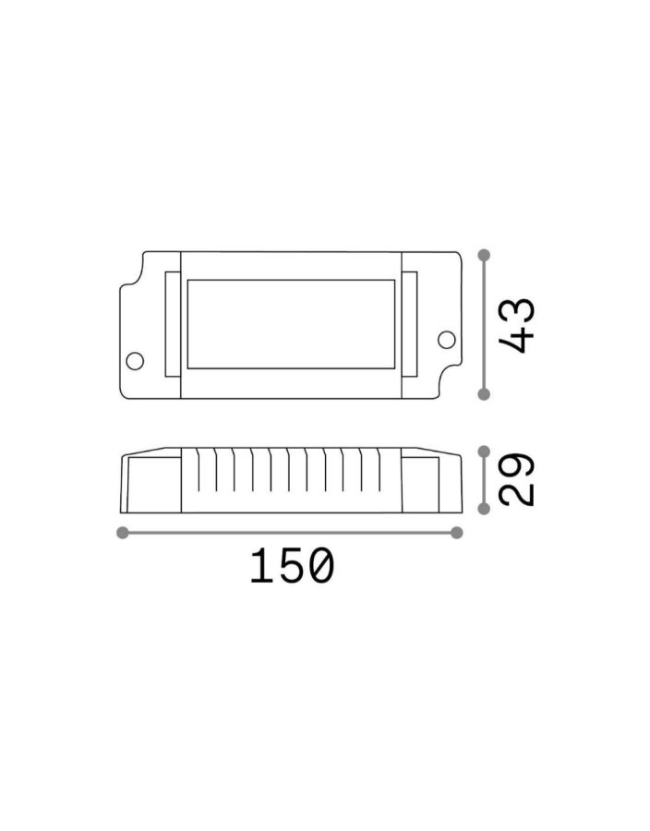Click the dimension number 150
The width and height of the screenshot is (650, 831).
290,566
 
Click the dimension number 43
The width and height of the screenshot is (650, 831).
517,325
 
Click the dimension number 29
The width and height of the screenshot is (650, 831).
517,479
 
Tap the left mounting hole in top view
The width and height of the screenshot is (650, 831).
135,360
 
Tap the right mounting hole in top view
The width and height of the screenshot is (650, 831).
446,339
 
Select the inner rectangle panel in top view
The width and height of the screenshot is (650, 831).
291,324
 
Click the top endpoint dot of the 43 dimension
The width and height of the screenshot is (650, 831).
484,254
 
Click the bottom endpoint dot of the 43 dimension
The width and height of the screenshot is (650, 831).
484,394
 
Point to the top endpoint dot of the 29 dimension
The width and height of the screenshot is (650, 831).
484,451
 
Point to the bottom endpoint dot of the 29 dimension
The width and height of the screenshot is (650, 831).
484,509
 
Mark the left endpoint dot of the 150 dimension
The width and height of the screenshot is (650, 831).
123,532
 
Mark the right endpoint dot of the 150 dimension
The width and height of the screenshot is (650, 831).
456,532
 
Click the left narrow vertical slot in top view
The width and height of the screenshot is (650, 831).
172,324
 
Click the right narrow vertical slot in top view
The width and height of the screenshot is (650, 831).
409,324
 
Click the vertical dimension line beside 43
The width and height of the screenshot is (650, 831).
484,323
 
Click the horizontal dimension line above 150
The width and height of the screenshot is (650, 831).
290,532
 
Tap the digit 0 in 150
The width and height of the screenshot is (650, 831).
318,566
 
